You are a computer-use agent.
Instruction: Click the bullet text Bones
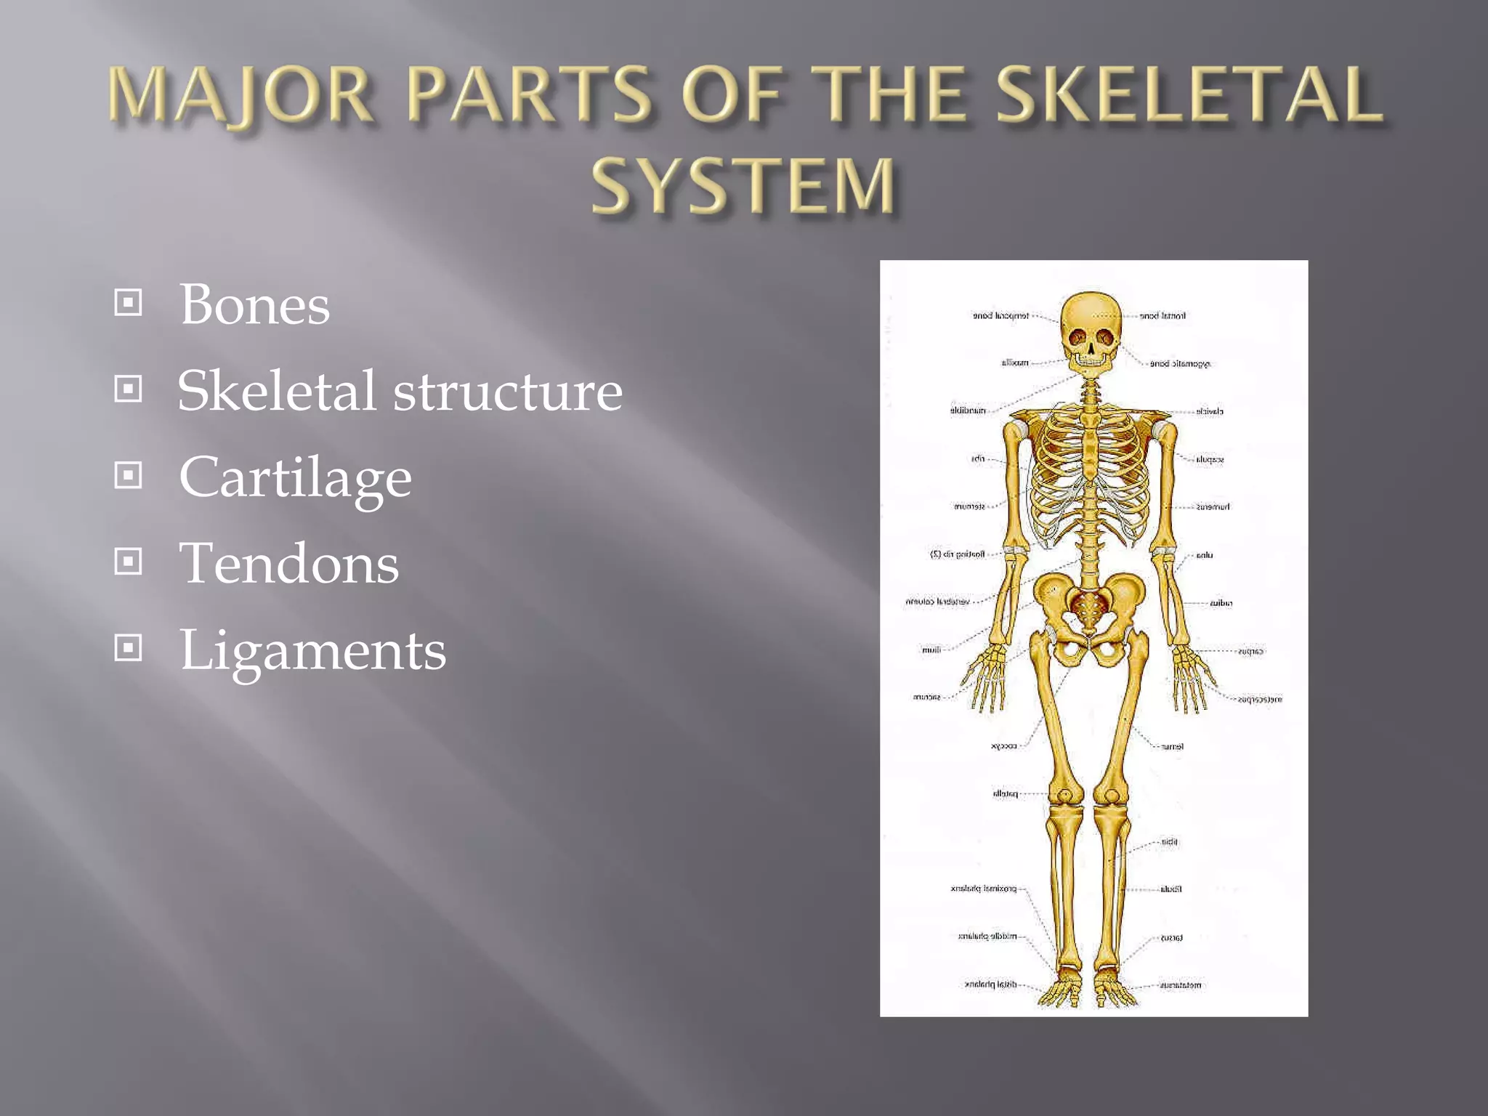pos(254,304)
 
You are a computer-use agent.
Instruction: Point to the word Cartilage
pos(295,477)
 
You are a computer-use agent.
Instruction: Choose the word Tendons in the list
pos(288,563)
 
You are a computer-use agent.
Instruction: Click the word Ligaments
pos(312,650)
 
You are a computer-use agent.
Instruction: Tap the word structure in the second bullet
pos(508,391)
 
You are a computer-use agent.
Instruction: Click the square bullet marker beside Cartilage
pos(129,475)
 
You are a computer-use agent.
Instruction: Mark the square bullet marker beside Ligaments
pos(129,647)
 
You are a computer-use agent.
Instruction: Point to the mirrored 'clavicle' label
pos(1210,412)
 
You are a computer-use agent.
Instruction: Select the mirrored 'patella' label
pos(1005,793)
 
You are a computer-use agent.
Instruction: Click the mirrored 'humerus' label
pos(1213,507)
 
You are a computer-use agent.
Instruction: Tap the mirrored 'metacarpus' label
pos(1260,699)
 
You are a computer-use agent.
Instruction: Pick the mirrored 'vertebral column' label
pos(937,602)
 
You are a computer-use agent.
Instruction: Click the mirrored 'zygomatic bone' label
pos(1180,363)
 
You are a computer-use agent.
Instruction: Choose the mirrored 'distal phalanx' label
pos(990,984)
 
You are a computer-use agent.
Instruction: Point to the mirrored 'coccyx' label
pos(1003,746)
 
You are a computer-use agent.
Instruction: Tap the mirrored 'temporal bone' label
pos(1000,316)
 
